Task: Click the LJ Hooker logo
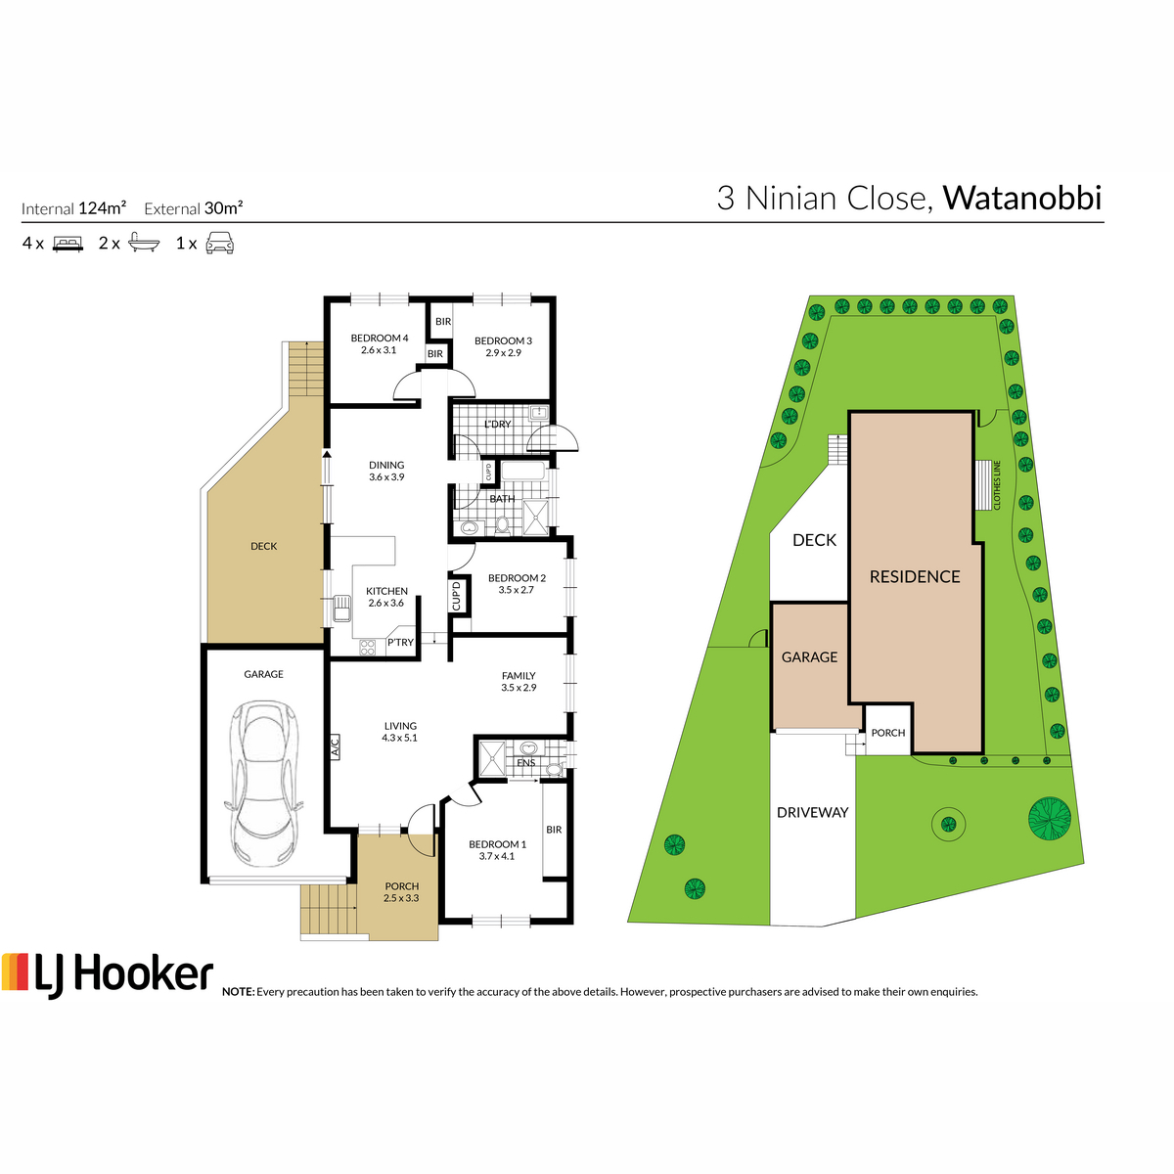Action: click(108, 974)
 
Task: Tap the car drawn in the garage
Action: click(263, 784)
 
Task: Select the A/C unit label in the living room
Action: click(335, 746)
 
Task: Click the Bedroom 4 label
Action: click(379, 339)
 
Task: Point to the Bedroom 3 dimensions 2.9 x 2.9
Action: click(503, 353)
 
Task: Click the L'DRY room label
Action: click(497, 424)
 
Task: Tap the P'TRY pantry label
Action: click(400, 642)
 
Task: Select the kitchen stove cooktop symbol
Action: click(367, 647)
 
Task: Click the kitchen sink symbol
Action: click(341, 609)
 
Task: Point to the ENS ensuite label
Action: click(525, 763)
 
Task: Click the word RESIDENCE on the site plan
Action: click(914, 576)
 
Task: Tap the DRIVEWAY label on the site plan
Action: click(812, 812)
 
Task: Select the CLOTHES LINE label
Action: click(997, 485)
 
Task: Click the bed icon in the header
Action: click(68, 244)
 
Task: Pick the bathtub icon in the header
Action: click(144, 243)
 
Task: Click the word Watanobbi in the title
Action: click(1022, 198)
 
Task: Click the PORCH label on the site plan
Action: click(887, 733)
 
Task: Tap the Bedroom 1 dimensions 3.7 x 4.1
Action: click(497, 856)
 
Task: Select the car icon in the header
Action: click(219, 243)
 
